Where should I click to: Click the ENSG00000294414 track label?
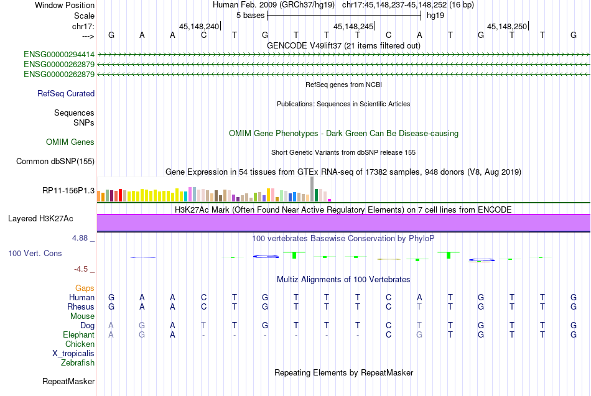[x=59, y=55]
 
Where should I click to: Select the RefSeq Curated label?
[x=66, y=94]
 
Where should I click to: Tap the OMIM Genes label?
[x=70, y=142]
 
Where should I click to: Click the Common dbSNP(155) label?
[x=55, y=162]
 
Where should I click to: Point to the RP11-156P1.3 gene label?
[x=68, y=191]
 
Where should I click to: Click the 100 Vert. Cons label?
[x=35, y=254]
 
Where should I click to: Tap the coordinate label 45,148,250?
[x=507, y=27]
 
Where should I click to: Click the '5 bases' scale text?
[x=250, y=15]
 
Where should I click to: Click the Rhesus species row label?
[x=81, y=306]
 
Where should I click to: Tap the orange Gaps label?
[x=85, y=288]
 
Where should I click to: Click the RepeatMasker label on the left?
[x=68, y=381]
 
